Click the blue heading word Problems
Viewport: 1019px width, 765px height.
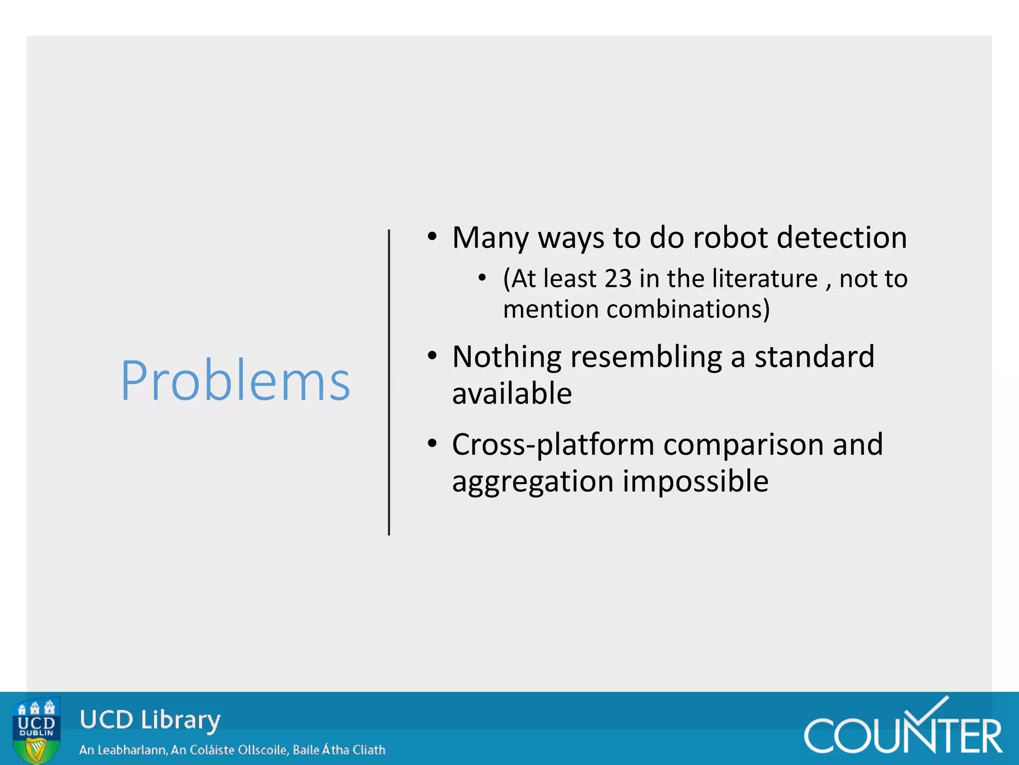[235, 381]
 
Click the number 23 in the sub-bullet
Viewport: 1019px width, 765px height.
[617, 278]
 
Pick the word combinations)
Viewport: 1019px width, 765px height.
[688, 309]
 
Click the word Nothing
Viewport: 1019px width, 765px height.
[507, 357]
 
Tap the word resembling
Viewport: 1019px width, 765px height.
[646, 357]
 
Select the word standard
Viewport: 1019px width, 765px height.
[814, 357]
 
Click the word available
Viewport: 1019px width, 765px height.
[512, 393]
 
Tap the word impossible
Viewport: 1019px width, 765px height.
[696, 482]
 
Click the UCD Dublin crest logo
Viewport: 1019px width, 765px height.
[36, 730]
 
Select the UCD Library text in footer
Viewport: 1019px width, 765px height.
[150, 720]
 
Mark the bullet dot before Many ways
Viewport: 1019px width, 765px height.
[432, 237]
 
